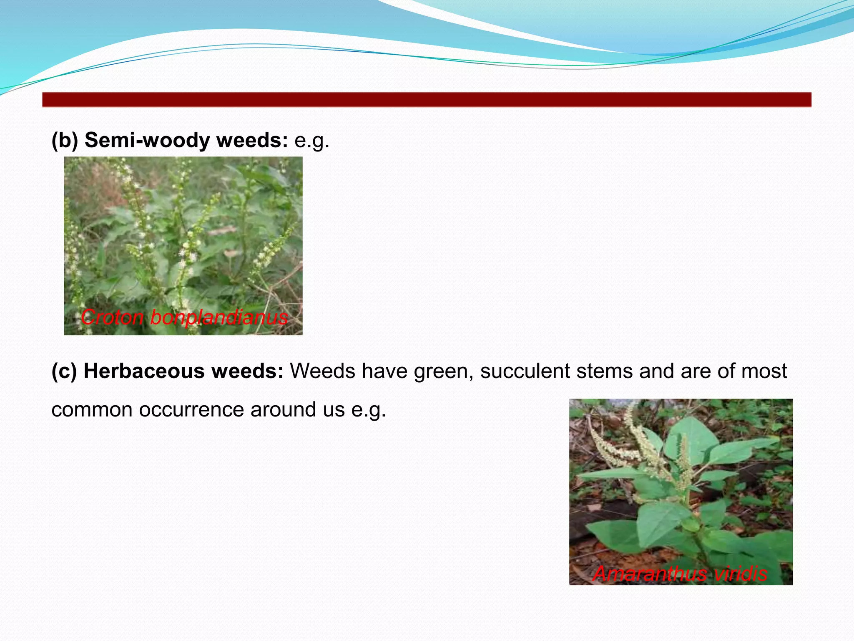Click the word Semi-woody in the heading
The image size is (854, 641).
pyautogui.click(x=147, y=140)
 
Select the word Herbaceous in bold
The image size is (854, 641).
pyautogui.click(x=144, y=371)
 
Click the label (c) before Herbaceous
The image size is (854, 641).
pyautogui.click(x=64, y=371)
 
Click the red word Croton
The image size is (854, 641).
pyautogui.click(x=112, y=318)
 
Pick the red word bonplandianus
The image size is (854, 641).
pyautogui.click(x=219, y=318)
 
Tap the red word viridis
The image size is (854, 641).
pyautogui.click(x=740, y=574)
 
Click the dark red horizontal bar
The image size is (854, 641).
pyautogui.click(x=427, y=100)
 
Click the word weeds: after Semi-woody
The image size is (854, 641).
pyautogui.click(x=252, y=140)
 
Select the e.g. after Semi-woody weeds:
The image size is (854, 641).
pyautogui.click(x=312, y=141)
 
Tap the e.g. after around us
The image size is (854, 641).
pyautogui.click(x=369, y=410)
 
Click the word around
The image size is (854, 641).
pyautogui.click(x=283, y=409)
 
